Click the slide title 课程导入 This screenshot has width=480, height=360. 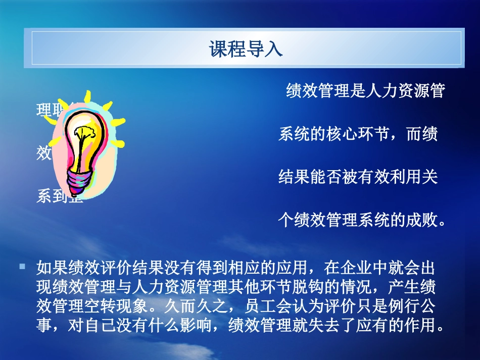246,49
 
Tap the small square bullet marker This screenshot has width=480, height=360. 22,266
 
